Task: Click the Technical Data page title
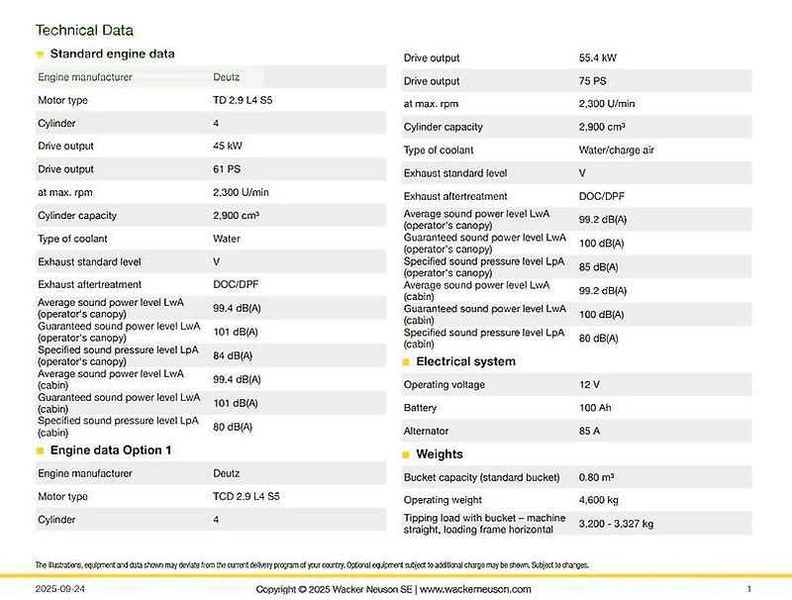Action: coord(84,31)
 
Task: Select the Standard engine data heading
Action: coord(112,53)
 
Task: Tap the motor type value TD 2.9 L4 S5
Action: coord(243,100)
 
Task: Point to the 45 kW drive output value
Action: coord(228,146)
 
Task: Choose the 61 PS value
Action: coord(227,169)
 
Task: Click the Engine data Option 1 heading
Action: coord(110,450)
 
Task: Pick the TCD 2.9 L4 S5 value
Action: coord(246,496)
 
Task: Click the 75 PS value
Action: coord(592,81)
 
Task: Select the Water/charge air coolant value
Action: coord(616,150)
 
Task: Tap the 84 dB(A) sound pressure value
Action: coord(233,355)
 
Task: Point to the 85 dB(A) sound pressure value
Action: coord(598,266)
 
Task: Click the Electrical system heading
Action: coord(465,361)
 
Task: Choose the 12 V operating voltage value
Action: coord(589,384)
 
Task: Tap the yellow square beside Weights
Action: coord(406,454)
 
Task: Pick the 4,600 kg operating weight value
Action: coord(598,500)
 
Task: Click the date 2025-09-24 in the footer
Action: coord(59,589)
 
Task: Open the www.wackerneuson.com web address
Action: coord(475,589)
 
